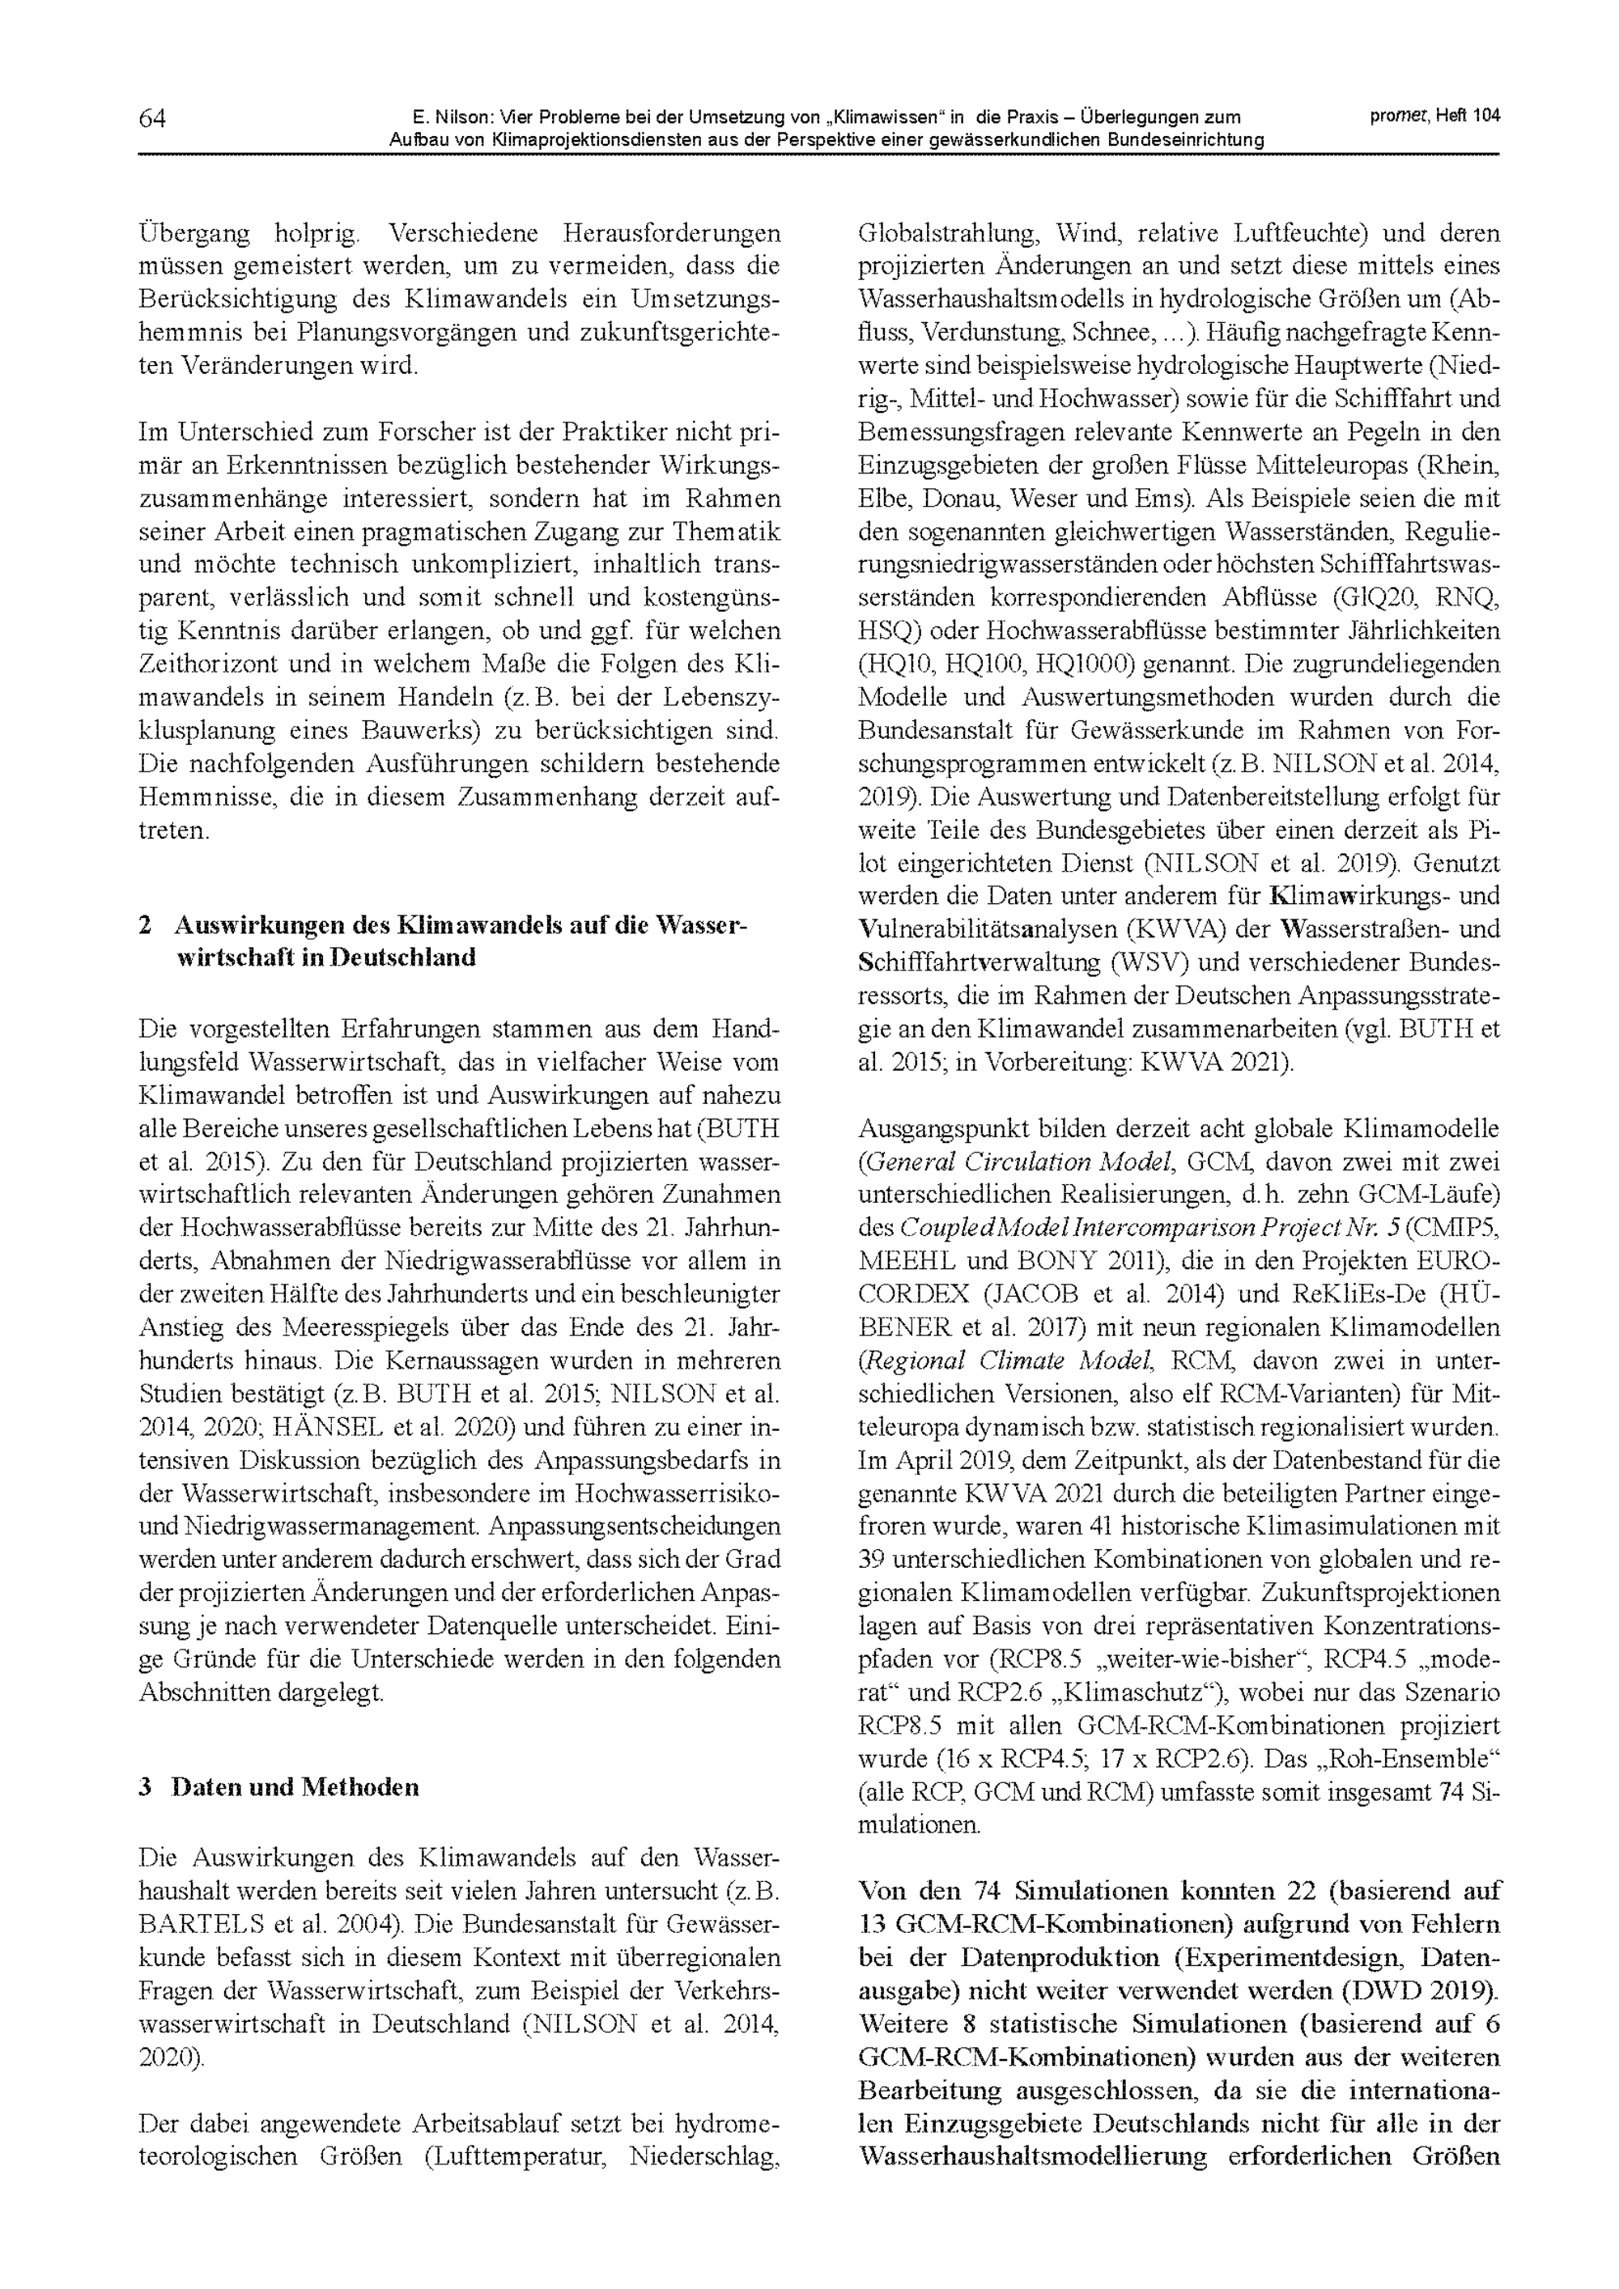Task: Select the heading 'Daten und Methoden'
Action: (295, 1786)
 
